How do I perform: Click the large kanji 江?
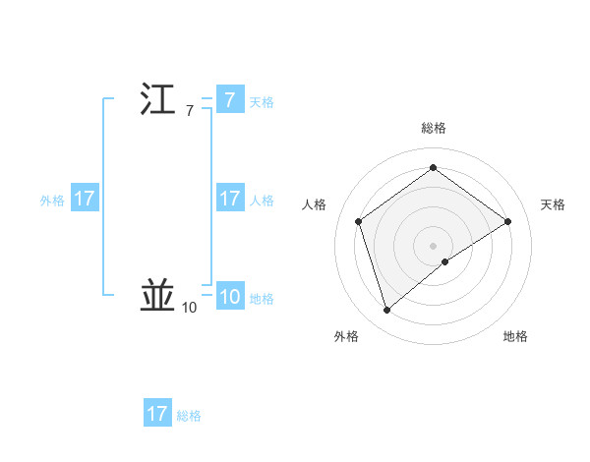(x=157, y=100)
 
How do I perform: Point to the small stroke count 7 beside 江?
(x=190, y=111)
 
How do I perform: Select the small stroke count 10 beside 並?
(x=189, y=308)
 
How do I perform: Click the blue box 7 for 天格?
(x=229, y=100)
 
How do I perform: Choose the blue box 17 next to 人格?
(x=229, y=199)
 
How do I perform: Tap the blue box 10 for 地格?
(x=229, y=297)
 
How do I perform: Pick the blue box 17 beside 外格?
(x=85, y=199)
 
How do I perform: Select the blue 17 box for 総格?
(x=157, y=414)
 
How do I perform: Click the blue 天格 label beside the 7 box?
(x=262, y=101)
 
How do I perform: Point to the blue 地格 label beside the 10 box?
(x=262, y=298)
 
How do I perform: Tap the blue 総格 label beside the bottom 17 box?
(x=189, y=416)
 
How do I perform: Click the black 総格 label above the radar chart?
(x=434, y=128)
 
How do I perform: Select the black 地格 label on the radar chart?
(x=515, y=336)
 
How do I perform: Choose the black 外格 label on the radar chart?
(x=346, y=336)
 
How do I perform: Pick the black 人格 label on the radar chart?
(x=315, y=203)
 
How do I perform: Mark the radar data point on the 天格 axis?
(x=507, y=221)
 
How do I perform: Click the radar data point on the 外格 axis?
(x=386, y=311)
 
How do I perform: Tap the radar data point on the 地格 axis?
(x=445, y=261)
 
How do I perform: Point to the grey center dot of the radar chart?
(x=433, y=245)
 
